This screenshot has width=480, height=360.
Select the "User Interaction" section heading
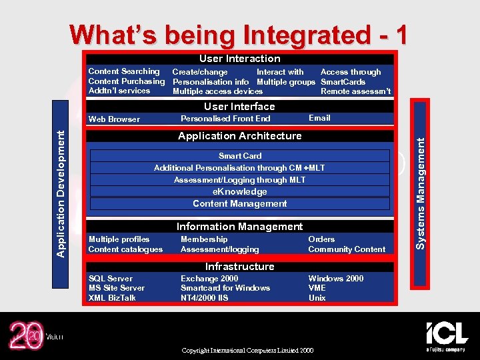(x=239, y=59)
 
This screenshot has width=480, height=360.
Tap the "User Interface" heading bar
(x=239, y=107)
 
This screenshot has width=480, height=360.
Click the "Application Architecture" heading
(x=239, y=136)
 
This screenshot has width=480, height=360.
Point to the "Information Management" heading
(x=239, y=227)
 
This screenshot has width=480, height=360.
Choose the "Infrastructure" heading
(x=239, y=267)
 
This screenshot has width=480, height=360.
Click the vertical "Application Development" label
(x=61, y=193)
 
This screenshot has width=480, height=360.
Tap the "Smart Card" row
(x=239, y=156)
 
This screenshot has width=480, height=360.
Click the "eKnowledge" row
(x=239, y=192)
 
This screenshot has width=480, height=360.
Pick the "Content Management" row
(x=239, y=204)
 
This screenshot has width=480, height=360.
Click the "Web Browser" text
(x=114, y=119)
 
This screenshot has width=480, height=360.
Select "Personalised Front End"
(x=225, y=119)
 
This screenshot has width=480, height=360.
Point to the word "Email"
(x=319, y=118)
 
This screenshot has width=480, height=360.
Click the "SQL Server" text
(x=111, y=279)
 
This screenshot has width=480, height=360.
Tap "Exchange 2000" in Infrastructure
(x=209, y=279)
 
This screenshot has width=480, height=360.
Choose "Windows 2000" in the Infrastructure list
(x=335, y=279)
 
